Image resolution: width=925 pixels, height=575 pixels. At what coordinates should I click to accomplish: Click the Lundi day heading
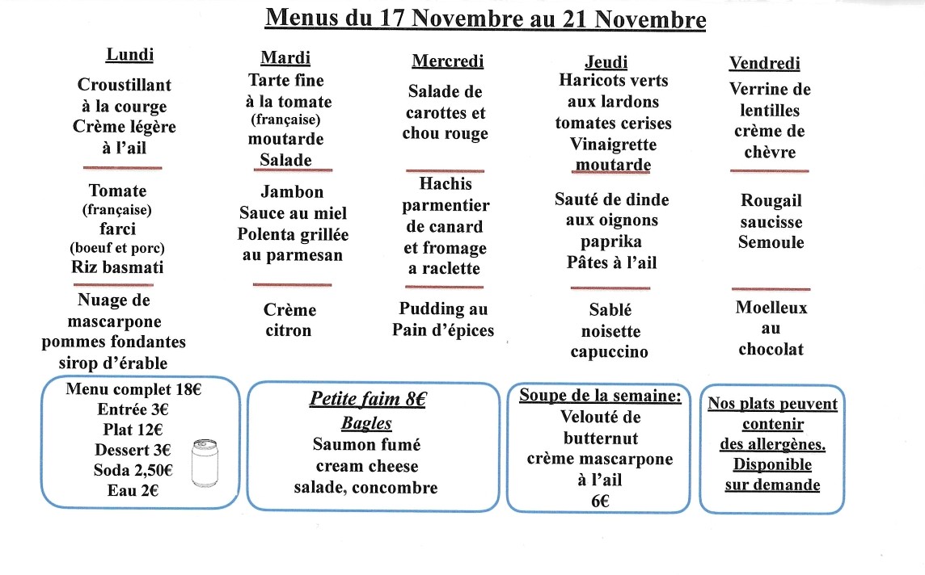coord(129,55)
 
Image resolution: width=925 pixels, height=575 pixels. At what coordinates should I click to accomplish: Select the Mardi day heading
coord(285,57)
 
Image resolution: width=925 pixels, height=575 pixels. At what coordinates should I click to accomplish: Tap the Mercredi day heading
coord(448,61)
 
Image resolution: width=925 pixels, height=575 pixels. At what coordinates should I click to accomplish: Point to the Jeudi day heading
coord(606,62)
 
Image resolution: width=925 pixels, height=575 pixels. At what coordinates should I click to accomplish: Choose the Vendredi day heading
coord(764,63)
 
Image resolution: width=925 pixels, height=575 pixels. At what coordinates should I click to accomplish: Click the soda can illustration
coord(204,464)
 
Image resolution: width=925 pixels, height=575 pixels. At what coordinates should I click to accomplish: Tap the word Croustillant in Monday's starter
coord(125,85)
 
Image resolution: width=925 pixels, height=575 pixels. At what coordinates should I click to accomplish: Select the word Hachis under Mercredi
coord(446,184)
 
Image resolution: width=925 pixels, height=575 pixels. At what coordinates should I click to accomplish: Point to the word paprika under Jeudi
coord(610,241)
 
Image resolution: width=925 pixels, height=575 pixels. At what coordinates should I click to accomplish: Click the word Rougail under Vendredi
coord(771,200)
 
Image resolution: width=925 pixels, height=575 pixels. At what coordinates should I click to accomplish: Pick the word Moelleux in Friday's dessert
coord(771,308)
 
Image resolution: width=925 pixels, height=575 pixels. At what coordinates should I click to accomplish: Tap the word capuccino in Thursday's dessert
coord(609,352)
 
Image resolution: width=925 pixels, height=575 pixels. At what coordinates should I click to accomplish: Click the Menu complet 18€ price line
coord(133,388)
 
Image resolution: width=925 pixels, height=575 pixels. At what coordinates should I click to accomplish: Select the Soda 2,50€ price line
coord(133,469)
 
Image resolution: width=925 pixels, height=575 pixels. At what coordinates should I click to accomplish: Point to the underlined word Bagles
coord(366,423)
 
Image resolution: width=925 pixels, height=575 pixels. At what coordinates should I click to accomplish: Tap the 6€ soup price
coord(599,501)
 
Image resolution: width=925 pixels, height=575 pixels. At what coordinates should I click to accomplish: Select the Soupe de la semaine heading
coord(600,396)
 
